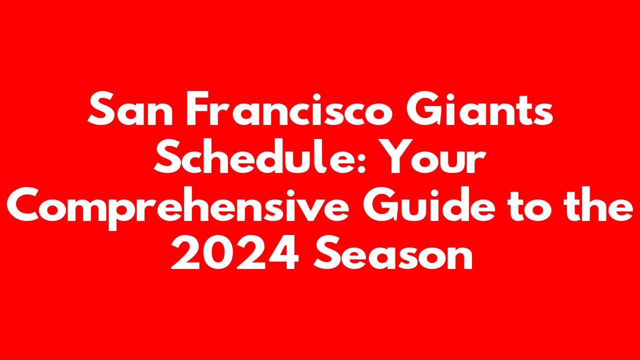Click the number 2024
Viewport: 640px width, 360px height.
234,252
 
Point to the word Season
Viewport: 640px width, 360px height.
393,252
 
